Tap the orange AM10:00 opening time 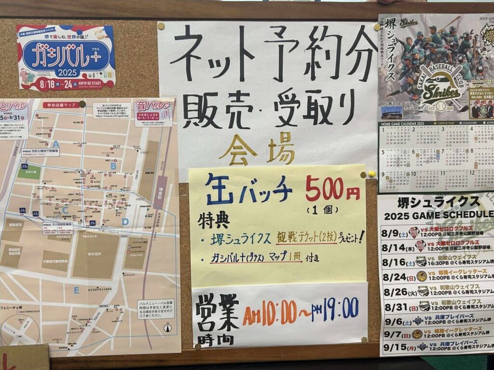[x=269, y=313]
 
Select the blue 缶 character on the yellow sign [x=219, y=189]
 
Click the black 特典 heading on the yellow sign [x=212, y=221]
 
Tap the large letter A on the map [x=56, y=143]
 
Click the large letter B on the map [x=113, y=166]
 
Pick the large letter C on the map [x=65, y=210]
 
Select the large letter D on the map [x=125, y=222]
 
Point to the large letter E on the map [x=76, y=290]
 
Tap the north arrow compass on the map [x=168, y=327]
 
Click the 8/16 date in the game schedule [x=393, y=263]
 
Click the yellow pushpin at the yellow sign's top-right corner [x=372, y=173]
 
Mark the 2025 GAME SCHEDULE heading [x=437, y=214]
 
